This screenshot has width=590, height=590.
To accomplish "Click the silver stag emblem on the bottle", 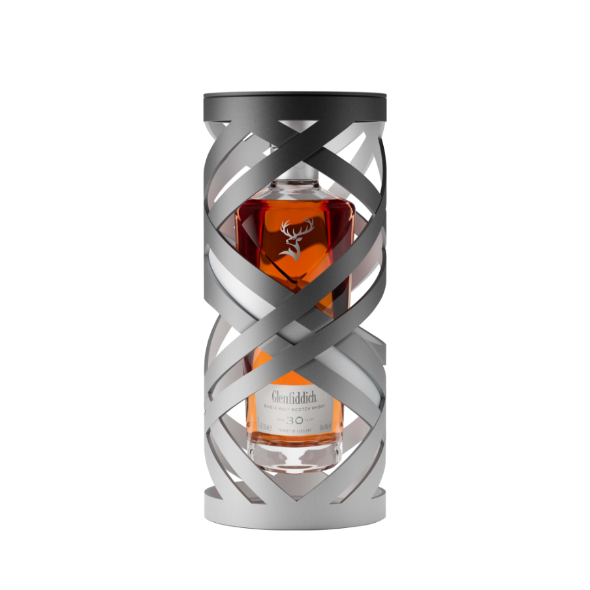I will coord(292,240).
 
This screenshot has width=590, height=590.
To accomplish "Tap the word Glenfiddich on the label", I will coord(295,396).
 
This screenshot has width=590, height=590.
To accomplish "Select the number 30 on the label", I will coord(296,422).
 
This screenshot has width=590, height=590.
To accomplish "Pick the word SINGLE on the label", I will coord(273,409).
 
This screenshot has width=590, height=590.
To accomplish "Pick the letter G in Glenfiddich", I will coord(275,396).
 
